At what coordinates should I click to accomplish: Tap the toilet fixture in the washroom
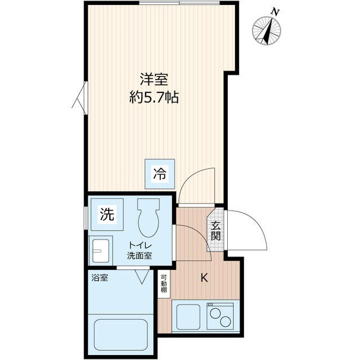point(149,219)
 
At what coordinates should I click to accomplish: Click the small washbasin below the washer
point(101,250)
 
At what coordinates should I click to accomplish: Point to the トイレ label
point(139,245)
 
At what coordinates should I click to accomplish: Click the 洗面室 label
point(139,255)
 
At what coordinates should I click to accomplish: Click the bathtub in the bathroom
point(121,335)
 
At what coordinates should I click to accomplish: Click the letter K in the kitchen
point(205,277)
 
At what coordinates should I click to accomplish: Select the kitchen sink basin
point(189,318)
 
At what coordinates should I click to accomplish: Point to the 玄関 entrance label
point(216,231)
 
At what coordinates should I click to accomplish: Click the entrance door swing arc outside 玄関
point(247,231)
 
